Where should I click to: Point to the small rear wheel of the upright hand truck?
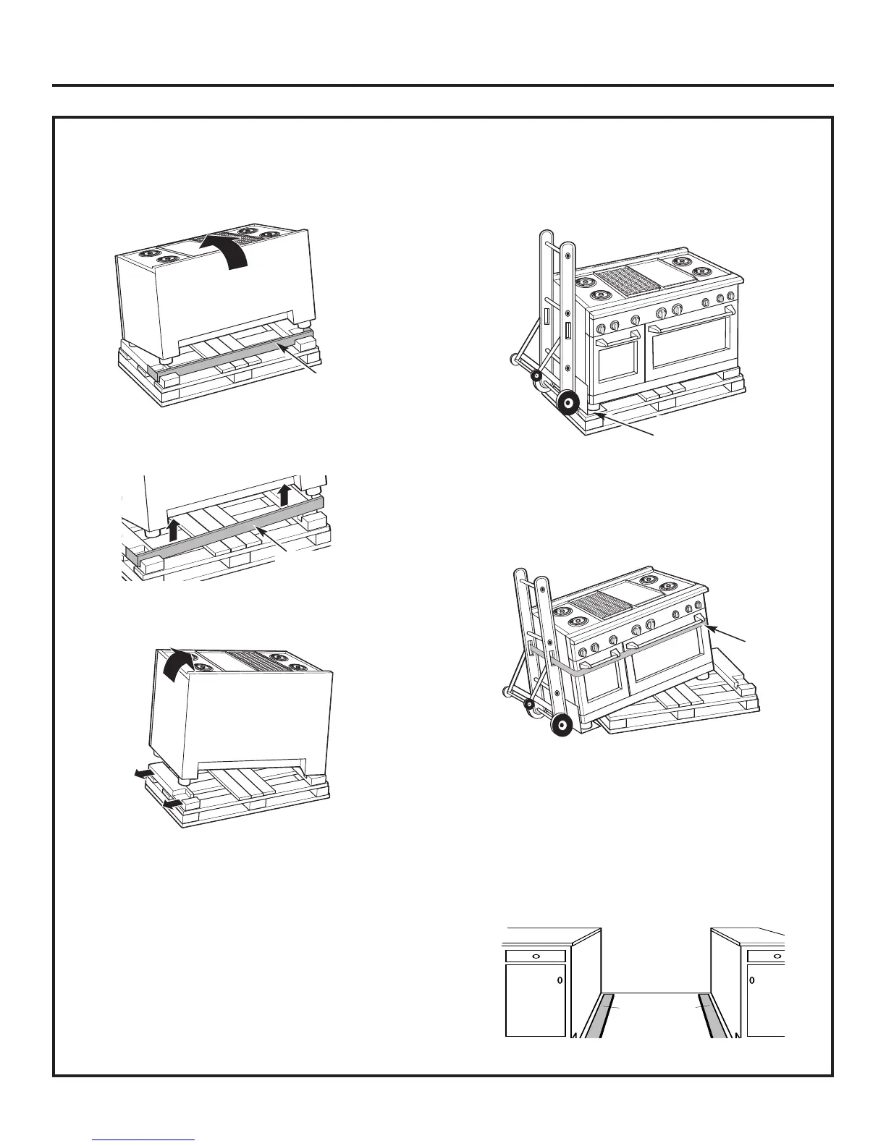536,375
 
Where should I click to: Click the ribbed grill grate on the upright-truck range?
615,279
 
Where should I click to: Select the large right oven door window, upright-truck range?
690,351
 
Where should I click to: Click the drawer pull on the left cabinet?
535,956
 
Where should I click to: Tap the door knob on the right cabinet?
753,982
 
